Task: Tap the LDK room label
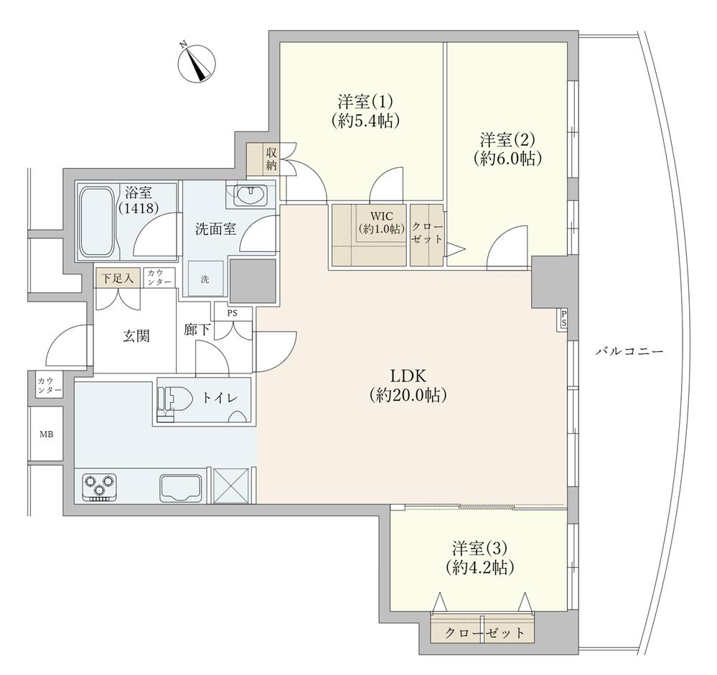tap(408, 385)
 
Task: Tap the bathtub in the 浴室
tap(98, 221)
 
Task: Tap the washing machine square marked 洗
tap(205, 278)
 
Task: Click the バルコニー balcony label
tap(629, 351)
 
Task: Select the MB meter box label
tap(46, 434)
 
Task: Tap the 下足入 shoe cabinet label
tap(118, 278)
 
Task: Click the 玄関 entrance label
tap(136, 336)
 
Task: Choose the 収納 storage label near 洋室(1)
tap(271, 159)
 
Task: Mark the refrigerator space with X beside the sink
tap(231, 485)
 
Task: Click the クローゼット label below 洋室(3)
tap(484, 633)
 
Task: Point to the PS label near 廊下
tap(233, 315)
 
